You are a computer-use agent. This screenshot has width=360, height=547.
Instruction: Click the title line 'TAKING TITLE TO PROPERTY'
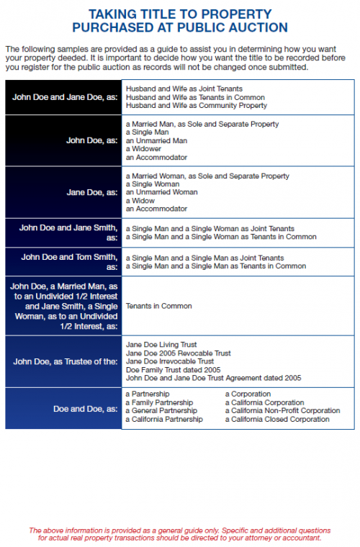179,14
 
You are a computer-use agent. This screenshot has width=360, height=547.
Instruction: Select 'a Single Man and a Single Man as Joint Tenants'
204,258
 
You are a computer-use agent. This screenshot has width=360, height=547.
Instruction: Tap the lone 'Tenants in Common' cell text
158,306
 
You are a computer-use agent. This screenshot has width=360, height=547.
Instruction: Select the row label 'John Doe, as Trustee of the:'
65,361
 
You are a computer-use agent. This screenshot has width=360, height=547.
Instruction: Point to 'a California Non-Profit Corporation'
282,411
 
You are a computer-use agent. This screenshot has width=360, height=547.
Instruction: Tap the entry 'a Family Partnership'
159,402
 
